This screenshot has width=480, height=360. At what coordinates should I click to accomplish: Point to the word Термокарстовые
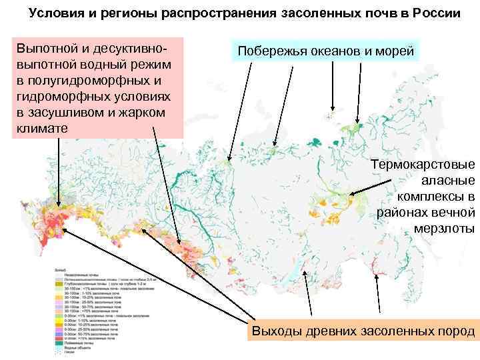point(423,165)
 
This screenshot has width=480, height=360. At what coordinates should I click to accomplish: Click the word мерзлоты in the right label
point(439,229)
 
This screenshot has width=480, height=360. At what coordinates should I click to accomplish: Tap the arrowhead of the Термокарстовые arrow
point(352,195)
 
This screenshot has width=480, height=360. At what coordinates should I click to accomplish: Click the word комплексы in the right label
point(436,197)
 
